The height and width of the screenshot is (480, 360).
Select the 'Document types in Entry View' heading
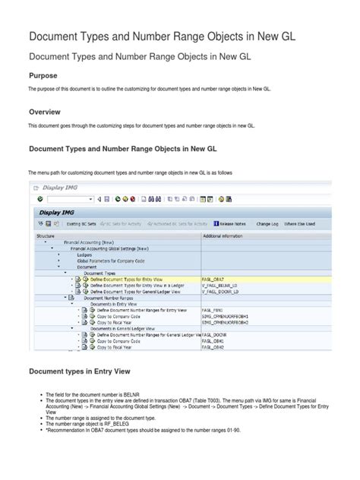80,371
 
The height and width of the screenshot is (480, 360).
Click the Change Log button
267,224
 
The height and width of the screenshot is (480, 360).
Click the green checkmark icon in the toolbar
39,199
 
